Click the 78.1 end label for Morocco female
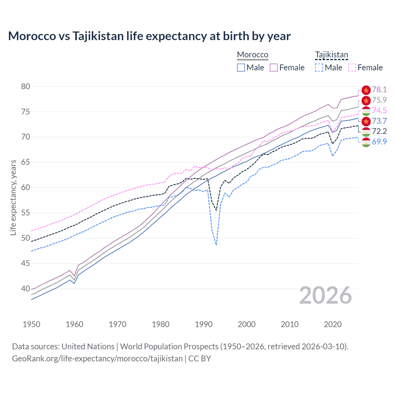(x=379, y=89)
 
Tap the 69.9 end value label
(x=379, y=142)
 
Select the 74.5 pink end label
(x=379, y=110)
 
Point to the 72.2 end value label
(x=379, y=131)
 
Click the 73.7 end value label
(x=379, y=121)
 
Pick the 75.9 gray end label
(x=379, y=100)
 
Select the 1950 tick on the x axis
(x=31, y=324)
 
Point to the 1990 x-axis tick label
(x=204, y=324)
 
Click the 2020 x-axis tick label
(x=333, y=324)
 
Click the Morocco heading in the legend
(x=252, y=55)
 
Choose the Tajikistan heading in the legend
(x=331, y=55)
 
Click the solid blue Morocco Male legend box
(x=241, y=68)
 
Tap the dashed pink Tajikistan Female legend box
(x=352, y=68)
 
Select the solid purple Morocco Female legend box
(x=274, y=68)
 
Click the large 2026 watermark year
(x=326, y=295)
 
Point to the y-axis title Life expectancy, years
(x=13, y=197)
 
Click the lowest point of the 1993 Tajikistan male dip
(x=216, y=245)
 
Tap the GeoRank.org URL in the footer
(x=97, y=359)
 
